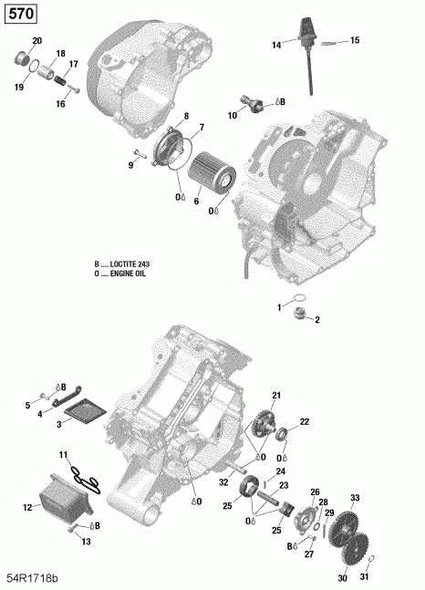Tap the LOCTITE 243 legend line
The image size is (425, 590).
click(121, 264)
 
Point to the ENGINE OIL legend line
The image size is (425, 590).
click(121, 273)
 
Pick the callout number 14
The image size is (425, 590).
click(275, 45)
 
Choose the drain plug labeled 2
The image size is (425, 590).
click(295, 316)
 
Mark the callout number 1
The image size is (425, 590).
click(280, 307)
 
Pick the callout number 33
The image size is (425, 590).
click(356, 497)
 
